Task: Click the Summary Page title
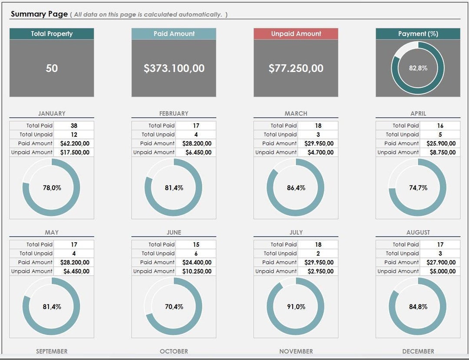39,14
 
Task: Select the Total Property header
52,34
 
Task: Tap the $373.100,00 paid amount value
174,68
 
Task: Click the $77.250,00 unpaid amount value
296,68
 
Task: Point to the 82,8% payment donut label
418,68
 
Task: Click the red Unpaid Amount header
296,34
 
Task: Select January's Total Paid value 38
74,126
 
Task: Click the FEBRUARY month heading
174,113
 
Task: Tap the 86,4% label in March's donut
296,188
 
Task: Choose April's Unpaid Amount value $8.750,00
440,152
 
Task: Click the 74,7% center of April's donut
418,188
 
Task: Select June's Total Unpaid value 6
196,254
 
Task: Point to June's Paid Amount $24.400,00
196,262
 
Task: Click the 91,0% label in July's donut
296,307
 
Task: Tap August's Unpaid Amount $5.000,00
440,271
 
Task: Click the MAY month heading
52,232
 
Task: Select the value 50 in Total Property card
52,68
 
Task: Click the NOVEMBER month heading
296,351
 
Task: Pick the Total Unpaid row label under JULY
280,254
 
